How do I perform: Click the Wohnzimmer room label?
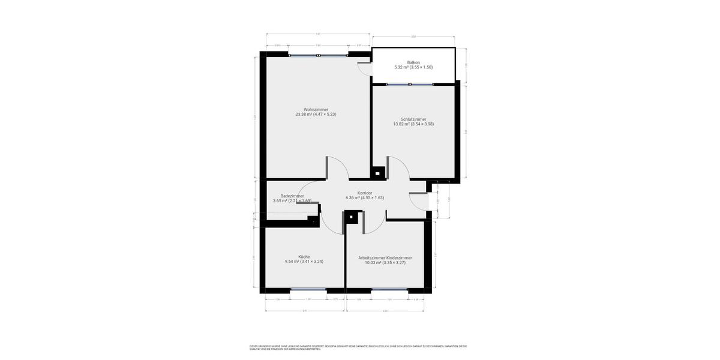(x=316, y=109)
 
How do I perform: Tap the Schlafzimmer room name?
(x=413, y=119)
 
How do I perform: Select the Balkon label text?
(x=413, y=62)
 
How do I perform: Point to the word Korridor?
(x=365, y=193)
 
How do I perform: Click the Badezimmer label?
(x=292, y=196)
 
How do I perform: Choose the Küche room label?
(x=304, y=256)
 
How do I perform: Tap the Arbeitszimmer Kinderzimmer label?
(x=385, y=257)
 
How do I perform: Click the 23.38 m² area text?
(x=316, y=114)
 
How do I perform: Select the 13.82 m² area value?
(x=413, y=124)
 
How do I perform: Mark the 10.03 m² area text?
(x=385, y=262)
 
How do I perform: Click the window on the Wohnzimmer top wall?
(x=318, y=55)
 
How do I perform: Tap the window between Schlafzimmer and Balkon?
(x=410, y=85)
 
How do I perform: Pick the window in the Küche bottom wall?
(x=308, y=290)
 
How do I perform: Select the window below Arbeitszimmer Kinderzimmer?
(x=389, y=290)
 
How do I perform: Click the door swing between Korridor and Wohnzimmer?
(x=337, y=168)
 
